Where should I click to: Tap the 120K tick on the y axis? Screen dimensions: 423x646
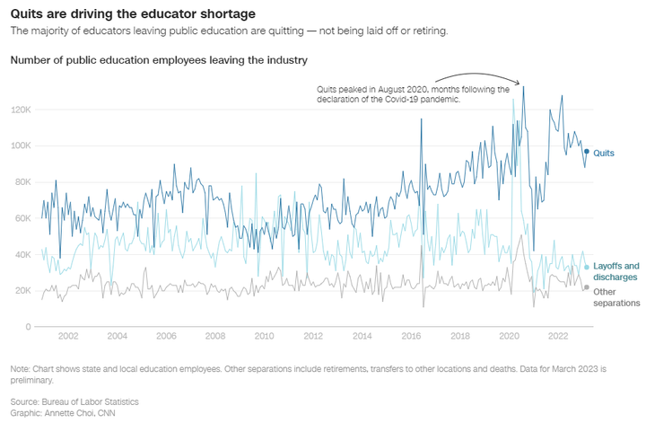point(22,110)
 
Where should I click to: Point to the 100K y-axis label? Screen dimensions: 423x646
point(22,145)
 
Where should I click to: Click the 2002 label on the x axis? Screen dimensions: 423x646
point(68,337)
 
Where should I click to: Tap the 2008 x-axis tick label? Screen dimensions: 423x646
point(215,337)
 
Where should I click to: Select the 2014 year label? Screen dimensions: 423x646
point(362,337)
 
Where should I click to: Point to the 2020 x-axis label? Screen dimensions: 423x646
point(509,337)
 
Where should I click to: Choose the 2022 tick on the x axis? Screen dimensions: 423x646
point(558,337)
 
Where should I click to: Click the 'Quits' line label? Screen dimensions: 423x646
point(604,154)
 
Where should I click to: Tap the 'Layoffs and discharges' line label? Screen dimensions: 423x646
point(615,271)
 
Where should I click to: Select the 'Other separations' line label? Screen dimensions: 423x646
point(615,297)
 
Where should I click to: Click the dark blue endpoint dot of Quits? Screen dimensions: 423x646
point(587,152)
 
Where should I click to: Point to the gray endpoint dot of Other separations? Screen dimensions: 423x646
point(587,287)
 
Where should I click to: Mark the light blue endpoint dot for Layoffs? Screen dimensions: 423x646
point(587,267)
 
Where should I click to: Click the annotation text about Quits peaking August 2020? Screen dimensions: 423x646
point(413,94)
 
